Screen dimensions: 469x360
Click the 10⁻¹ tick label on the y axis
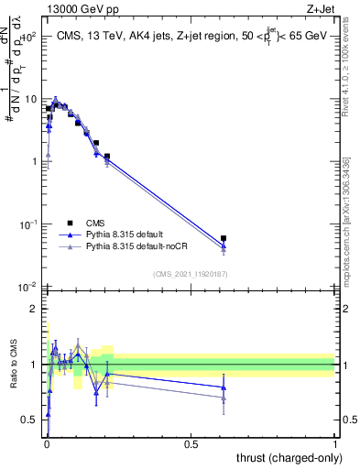pyautogui.click(x=28, y=224)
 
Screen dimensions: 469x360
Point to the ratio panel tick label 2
pyautogui.click(x=35, y=309)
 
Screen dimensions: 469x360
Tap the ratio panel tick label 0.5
pyautogui.click(x=30, y=420)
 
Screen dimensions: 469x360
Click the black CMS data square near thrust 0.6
pyautogui.click(x=224, y=238)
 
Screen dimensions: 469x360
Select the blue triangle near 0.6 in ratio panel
pyautogui.click(x=224, y=387)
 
